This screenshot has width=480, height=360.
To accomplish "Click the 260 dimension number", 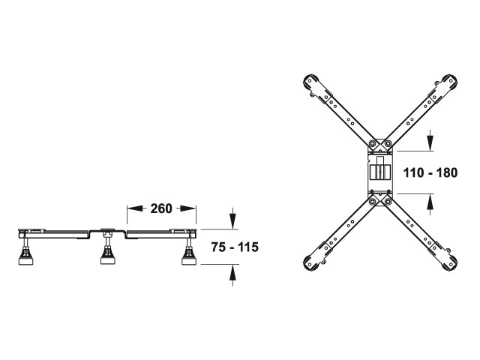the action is pos(161,208).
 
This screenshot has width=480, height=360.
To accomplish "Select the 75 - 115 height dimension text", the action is pos(235,247).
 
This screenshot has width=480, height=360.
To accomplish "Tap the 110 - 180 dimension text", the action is pos(430,172).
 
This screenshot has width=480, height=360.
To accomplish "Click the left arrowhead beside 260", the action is pos(135,208).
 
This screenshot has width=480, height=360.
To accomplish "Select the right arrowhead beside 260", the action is pos(187,208).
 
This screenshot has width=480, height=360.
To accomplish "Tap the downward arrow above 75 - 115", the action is pos(233,218).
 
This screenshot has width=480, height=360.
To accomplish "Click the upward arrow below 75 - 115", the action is pos(233,275).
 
